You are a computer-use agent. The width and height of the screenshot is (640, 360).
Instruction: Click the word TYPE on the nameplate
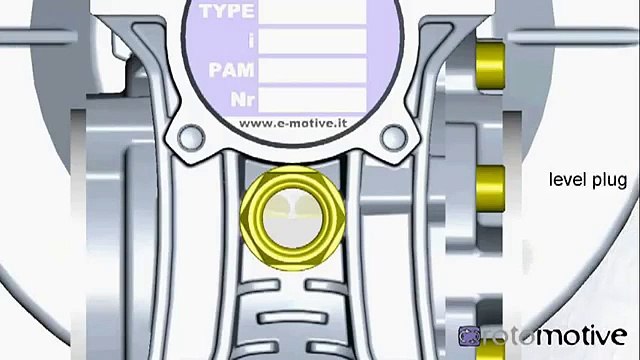(228, 13)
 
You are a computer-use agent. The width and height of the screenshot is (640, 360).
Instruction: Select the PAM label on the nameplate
(229, 71)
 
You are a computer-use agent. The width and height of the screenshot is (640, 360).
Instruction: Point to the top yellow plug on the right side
(490, 63)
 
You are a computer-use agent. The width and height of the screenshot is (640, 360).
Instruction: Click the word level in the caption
(566, 181)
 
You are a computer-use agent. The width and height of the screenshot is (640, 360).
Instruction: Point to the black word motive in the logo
(580, 335)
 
